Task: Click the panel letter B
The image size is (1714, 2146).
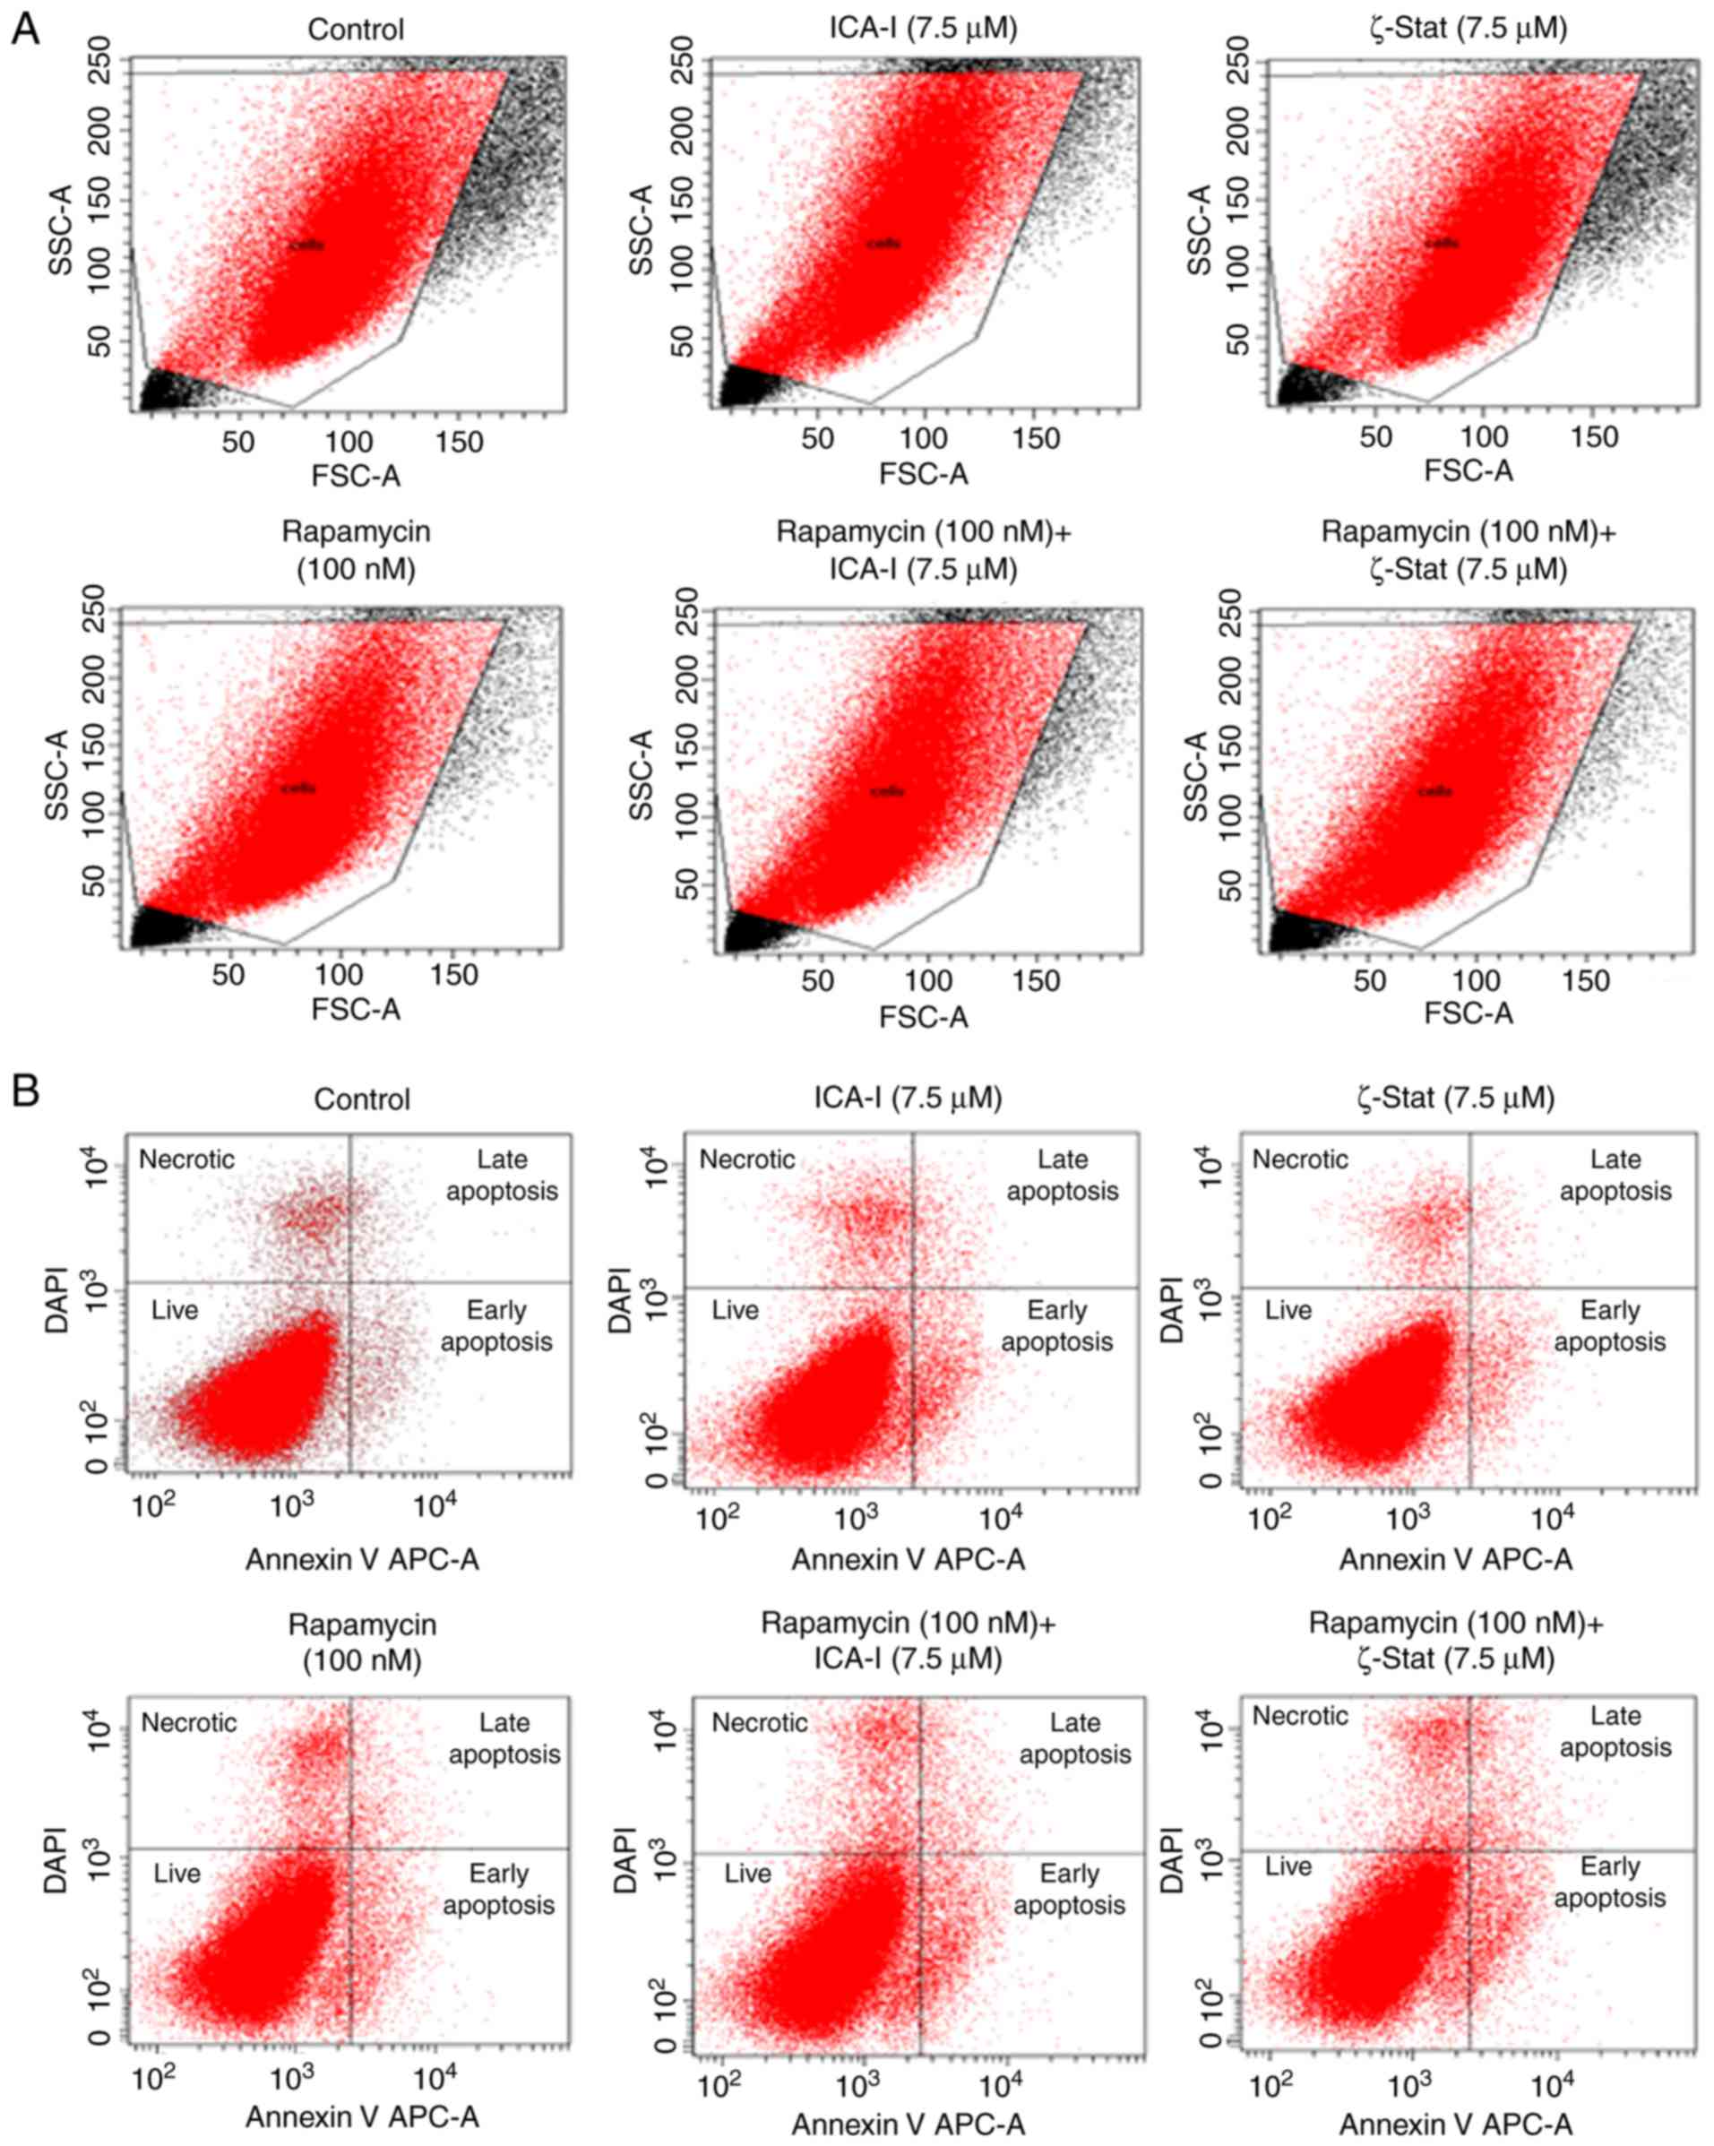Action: [24, 1090]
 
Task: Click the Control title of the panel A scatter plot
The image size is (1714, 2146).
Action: [356, 29]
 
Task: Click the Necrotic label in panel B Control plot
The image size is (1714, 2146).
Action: [186, 1159]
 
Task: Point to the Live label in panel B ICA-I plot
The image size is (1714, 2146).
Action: [735, 1311]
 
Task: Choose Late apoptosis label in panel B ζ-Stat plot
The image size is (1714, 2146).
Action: [1615, 1176]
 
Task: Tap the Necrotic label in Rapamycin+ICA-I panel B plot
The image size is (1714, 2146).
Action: [760, 1723]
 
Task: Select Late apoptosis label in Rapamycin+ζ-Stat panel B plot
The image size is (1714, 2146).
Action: [1615, 1732]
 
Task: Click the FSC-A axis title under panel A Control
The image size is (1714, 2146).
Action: [356, 476]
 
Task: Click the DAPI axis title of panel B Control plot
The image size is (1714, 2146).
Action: [56, 1300]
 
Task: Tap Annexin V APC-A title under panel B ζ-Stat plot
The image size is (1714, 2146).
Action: [1455, 1560]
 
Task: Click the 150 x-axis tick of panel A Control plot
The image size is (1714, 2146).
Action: [458, 441]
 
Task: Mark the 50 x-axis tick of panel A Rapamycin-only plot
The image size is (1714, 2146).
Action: [228, 976]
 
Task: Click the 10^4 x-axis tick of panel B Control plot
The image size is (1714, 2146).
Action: [435, 1507]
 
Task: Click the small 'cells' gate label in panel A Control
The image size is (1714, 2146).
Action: [306, 245]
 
